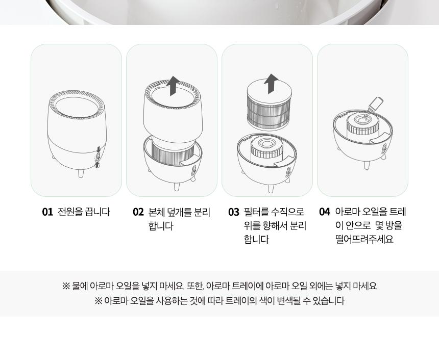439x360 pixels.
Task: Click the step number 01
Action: click(47, 212)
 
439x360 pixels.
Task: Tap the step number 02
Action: click(138, 212)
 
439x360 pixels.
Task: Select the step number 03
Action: click(234, 212)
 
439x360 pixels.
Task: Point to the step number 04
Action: click(325, 212)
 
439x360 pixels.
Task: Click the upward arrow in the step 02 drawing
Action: click(173, 86)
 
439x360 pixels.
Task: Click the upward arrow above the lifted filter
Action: click(271, 84)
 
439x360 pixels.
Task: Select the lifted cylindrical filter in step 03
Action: click(269, 106)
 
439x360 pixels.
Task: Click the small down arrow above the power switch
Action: click(98, 149)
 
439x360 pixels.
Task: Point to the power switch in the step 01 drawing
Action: click(97, 158)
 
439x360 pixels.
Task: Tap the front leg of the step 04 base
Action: click(367, 165)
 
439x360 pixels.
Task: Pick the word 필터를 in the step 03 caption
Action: click(256, 212)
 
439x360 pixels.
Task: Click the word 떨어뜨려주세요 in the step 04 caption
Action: click(364, 239)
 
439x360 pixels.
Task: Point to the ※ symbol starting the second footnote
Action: click(99, 301)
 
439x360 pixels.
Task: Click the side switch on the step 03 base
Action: click(288, 171)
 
